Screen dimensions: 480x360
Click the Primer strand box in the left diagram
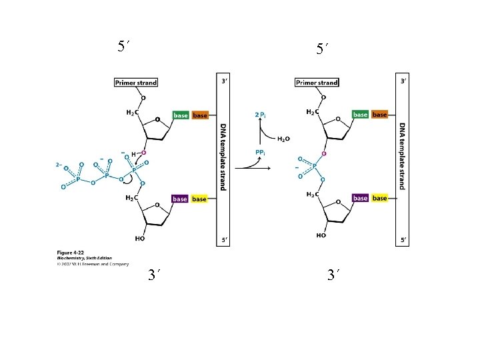coord(136,83)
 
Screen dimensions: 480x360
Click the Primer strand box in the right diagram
coord(317,83)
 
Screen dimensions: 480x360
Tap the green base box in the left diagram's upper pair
coord(181,115)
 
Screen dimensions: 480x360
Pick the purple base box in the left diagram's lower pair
coord(180,199)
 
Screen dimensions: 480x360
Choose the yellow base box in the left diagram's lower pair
coord(199,199)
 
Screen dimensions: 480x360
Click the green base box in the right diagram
coord(361,115)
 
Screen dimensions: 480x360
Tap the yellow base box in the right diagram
coord(379,198)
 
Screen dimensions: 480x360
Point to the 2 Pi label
coord(261,115)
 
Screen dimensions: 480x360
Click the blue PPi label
coord(261,153)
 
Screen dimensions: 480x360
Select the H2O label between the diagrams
coord(283,139)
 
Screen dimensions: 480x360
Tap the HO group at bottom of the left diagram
coord(140,238)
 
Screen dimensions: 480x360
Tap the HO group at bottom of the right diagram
coord(321,235)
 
